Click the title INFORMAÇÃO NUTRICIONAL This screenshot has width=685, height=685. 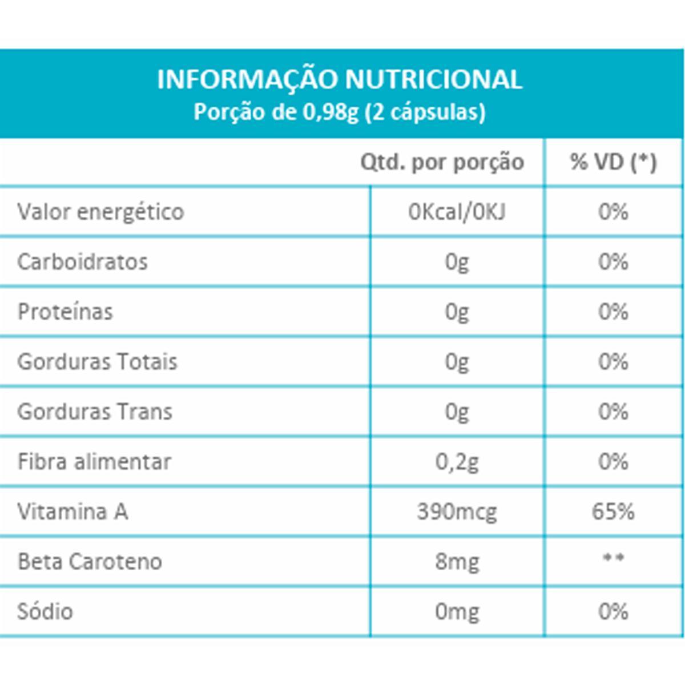coord(340,79)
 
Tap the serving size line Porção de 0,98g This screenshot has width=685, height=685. coord(340,112)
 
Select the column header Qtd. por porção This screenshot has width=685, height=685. coord(442,163)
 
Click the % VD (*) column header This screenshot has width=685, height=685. coord(613,163)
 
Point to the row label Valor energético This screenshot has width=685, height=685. coord(100,212)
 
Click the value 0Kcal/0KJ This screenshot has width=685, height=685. coord(457,212)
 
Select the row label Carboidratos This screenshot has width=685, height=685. coord(83,262)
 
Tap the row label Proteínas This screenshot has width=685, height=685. coord(65,312)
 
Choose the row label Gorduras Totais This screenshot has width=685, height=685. coord(97,362)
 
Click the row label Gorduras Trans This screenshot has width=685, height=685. coord(95,412)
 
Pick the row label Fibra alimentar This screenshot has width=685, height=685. coord(94,461)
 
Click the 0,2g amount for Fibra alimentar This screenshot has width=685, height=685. coord(457,462)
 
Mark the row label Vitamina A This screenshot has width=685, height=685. coord(72,511)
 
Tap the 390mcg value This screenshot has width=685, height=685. coord(457,512)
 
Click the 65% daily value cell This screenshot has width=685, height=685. coord(613,511)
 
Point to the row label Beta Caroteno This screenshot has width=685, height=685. coord(90,562)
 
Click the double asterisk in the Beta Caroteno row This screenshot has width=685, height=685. coord(613,558)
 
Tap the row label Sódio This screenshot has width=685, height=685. coord(45,611)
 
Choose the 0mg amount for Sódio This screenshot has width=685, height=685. coord(457,612)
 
